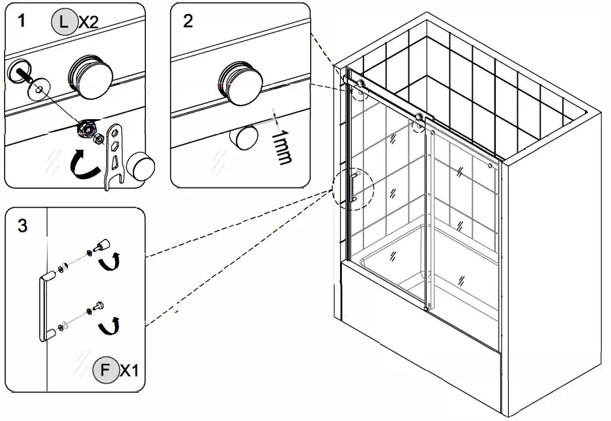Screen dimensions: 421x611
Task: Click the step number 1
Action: (x=22, y=21)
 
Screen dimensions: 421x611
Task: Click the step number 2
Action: (x=188, y=21)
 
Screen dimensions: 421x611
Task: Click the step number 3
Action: (x=22, y=226)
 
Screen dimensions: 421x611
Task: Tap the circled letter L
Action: (x=63, y=22)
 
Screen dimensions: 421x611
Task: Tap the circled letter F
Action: (x=106, y=371)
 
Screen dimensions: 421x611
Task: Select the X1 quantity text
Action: (x=130, y=371)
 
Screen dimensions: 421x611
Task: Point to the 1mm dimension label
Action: (x=281, y=147)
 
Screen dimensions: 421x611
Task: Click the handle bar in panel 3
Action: (x=44, y=306)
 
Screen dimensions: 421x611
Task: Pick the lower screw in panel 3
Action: (x=98, y=305)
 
